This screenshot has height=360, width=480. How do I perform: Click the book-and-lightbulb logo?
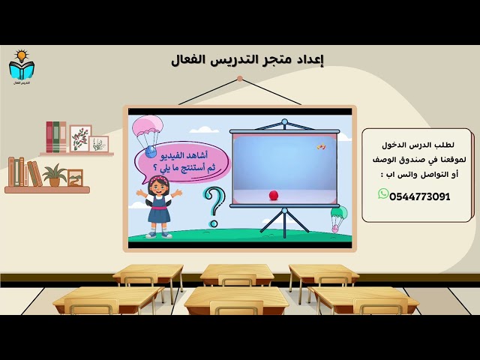[22, 67]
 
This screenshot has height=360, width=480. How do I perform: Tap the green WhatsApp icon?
[383, 194]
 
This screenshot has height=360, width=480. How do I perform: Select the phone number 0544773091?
[421, 196]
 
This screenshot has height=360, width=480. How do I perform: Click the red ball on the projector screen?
[273, 195]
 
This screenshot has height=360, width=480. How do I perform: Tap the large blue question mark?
[214, 205]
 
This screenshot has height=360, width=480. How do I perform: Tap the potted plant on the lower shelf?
[54, 175]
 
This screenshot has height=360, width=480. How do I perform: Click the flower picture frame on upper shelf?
[81, 138]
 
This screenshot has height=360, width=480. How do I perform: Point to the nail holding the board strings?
[239, 77]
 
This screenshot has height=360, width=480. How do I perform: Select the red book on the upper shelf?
[50, 137]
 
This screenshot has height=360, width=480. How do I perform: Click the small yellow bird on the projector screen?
[321, 146]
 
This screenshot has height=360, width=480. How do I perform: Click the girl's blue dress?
[159, 214]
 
